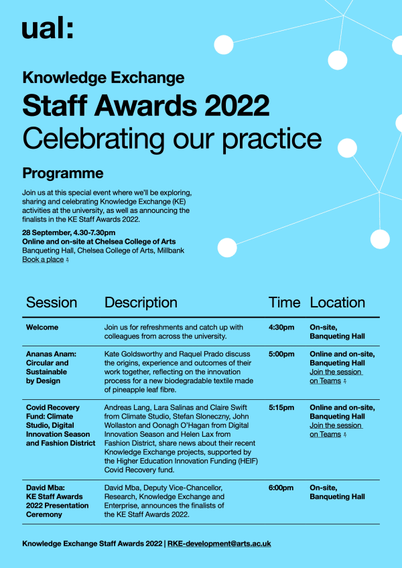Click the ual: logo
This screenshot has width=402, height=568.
tap(47, 29)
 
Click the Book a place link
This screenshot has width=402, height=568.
tap(43, 259)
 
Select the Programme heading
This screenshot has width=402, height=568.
tap(63, 173)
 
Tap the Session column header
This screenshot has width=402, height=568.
tap(52, 303)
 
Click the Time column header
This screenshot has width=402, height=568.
tap(284, 303)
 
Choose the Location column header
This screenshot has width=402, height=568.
tap(337, 303)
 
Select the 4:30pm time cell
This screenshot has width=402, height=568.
tap(281, 328)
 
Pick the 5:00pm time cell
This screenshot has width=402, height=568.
tap(281, 354)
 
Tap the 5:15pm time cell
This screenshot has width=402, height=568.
tap(281, 407)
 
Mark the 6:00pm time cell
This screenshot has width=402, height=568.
tap(281, 488)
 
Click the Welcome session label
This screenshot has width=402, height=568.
tap(42, 328)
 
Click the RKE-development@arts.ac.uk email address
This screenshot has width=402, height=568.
tap(219, 544)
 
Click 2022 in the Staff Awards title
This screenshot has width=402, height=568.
tap(237, 105)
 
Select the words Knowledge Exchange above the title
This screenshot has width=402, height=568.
tap(103, 78)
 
